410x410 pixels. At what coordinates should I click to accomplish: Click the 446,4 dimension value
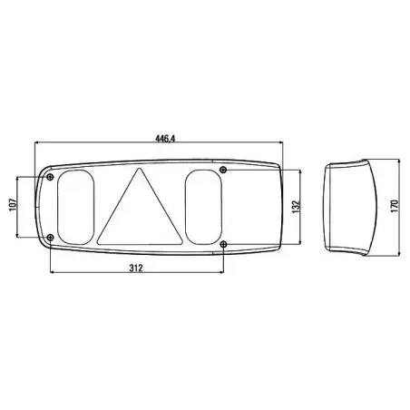click(x=165, y=139)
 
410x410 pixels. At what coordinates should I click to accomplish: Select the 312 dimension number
click(x=136, y=268)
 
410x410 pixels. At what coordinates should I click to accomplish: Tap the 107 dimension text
click(x=13, y=205)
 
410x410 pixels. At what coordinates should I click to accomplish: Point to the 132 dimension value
click(x=297, y=207)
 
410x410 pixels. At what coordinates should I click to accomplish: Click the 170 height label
click(x=395, y=206)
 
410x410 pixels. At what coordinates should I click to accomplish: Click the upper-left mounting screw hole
click(x=50, y=177)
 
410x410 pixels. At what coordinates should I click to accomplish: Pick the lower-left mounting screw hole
click(x=51, y=238)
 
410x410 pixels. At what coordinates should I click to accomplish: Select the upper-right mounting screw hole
click(x=223, y=170)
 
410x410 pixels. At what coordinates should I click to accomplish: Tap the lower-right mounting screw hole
click(x=223, y=244)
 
